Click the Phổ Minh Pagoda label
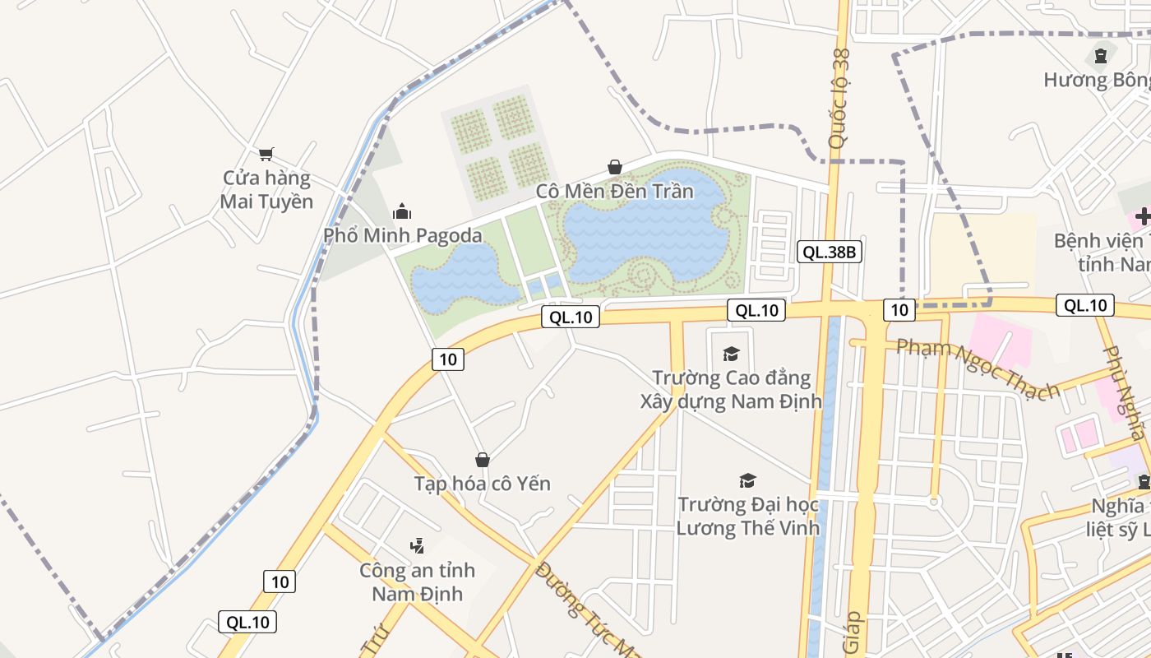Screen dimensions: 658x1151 pyautogui.click(x=402, y=235)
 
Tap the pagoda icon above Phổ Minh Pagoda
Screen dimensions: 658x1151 pyautogui.click(x=402, y=212)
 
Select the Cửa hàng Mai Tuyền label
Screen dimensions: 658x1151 pyautogui.click(x=266, y=190)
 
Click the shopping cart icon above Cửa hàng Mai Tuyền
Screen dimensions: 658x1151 pyautogui.click(x=266, y=154)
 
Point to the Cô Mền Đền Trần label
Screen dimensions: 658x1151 pyautogui.click(x=614, y=192)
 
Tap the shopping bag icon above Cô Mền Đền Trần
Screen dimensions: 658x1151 pyautogui.click(x=614, y=168)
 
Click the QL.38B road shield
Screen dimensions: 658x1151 pyautogui.click(x=830, y=252)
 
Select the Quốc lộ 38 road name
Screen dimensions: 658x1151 pyautogui.click(x=839, y=99)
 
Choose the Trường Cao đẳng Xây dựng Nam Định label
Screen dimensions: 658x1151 pyautogui.click(x=731, y=390)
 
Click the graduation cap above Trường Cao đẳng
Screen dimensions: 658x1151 pyautogui.click(x=731, y=354)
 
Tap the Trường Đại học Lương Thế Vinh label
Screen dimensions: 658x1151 pyautogui.click(x=747, y=516)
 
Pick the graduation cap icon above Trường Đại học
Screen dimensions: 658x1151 pyautogui.click(x=747, y=480)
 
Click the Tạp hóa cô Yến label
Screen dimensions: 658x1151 pyautogui.click(x=482, y=483)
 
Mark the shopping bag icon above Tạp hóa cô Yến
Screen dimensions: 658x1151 pyautogui.click(x=483, y=460)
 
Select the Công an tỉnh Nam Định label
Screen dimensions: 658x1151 pyautogui.click(x=417, y=582)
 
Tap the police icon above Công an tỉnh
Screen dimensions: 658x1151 pyautogui.click(x=417, y=545)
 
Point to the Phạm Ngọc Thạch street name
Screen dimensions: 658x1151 pyautogui.click(x=978, y=369)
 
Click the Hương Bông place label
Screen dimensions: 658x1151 pyautogui.click(x=1098, y=80)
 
